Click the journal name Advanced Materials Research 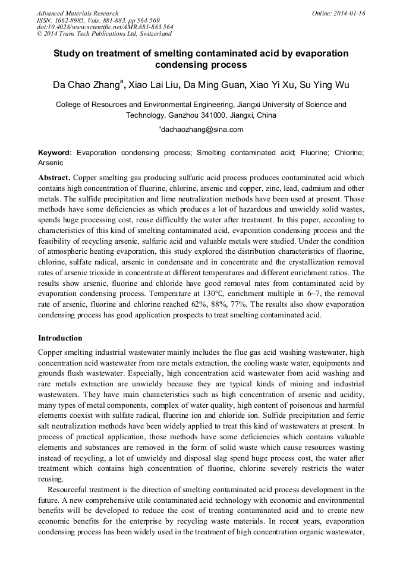(77, 13)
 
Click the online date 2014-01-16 (351, 13)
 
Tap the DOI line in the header (105, 27)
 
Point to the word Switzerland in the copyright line (154, 34)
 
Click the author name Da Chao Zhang (87, 85)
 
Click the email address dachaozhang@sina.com (202, 129)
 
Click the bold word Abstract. (55, 178)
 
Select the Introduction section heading (60, 338)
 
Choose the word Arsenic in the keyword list (50, 162)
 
